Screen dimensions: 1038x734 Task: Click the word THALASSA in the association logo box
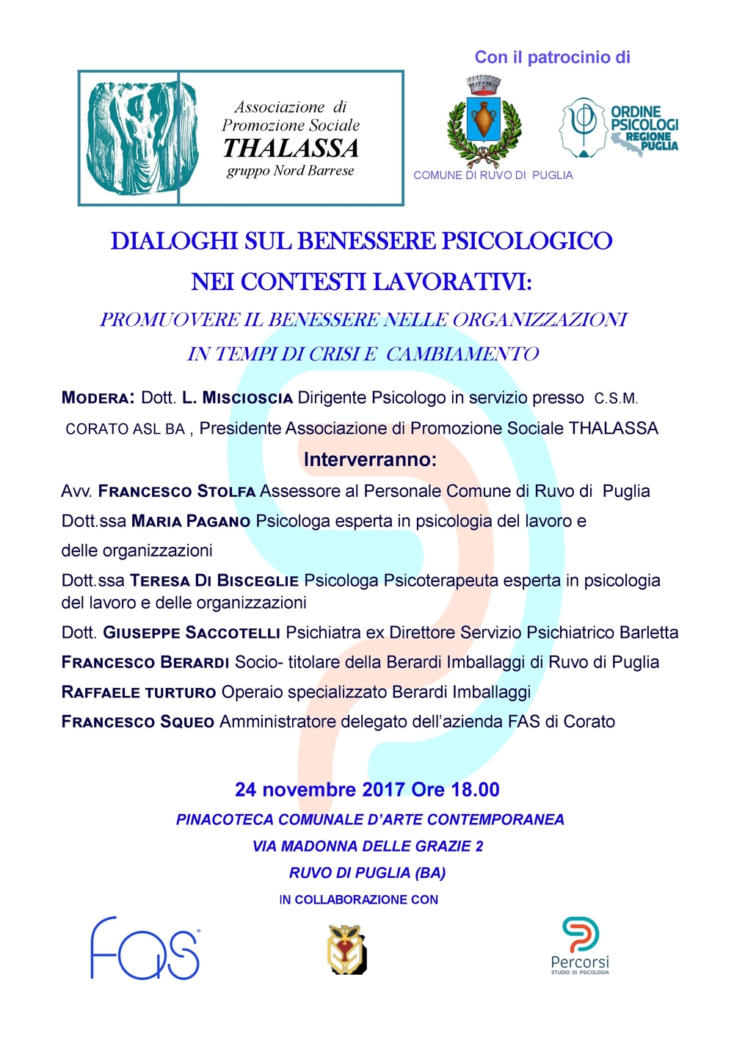coord(291,148)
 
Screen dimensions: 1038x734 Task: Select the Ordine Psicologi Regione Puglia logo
coord(619,129)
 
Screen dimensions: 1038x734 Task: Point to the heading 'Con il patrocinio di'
coord(552,57)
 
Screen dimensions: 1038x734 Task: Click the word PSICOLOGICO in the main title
coord(526,241)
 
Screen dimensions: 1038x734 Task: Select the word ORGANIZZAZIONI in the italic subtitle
coord(540,320)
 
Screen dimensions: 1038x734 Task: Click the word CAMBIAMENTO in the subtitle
coord(462,354)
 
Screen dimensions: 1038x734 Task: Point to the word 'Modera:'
coord(98,398)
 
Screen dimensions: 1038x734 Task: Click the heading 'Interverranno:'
coord(370,460)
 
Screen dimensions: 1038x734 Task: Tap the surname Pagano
coord(218,521)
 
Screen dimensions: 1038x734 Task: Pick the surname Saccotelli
coord(233,633)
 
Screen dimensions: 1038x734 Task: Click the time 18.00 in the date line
coord(475,790)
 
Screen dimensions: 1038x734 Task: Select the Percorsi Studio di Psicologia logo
coord(580,946)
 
